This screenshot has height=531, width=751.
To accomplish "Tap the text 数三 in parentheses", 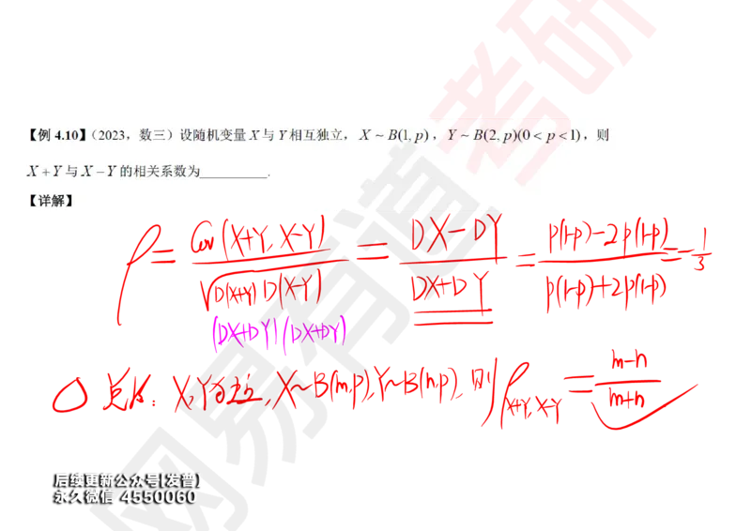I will coord(149,136).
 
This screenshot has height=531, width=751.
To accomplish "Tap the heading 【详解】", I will coord(51,201).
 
